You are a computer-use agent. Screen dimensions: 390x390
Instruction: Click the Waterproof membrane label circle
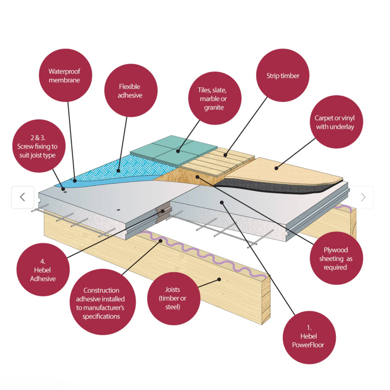pyautogui.click(x=65, y=75)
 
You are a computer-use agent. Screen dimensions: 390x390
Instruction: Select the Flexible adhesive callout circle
pyautogui.click(x=131, y=90)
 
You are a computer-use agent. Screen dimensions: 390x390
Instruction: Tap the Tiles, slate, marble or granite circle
pyautogui.click(x=214, y=98)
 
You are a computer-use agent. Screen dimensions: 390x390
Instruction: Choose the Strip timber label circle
pyautogui.click(x=283, y=75)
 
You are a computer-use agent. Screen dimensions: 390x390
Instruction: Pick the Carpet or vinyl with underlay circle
pyautogui.click(x=336, y=122)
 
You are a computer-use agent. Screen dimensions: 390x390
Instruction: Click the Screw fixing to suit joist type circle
pyautogui.click(x=38, y=146)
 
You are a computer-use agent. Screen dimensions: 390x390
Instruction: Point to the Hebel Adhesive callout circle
pyautogui.click(x=43, y=270)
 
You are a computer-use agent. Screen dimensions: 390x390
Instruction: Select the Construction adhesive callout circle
pyautogui.click(x=102, y=302)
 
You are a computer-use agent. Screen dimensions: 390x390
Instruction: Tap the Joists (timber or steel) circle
pyautogui.click(x=174, y=299)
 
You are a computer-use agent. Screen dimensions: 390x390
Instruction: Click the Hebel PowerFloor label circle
pyautogui.click(x=309, y=337)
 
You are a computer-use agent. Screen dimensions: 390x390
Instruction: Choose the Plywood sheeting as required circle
pyautogui.click(x=336, y=258)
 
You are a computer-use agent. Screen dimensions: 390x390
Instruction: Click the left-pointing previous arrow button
pyautogui.click(x=22, y=197)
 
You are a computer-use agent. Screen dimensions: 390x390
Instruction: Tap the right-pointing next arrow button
pyautogui.click(x=363, y=197)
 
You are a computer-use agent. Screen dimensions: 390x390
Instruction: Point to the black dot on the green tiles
pyautogui.click(x=178, y=151)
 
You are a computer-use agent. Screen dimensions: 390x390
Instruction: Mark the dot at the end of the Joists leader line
pyautogui.click(x=219, y=279)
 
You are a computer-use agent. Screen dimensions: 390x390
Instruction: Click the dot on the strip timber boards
pyautogui.click(x=225, y=155)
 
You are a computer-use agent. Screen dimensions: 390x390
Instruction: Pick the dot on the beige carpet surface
pyautogui.click(x=276, y=168)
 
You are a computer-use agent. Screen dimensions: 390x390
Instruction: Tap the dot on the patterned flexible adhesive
pyautogui.click(x=118, y=171)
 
